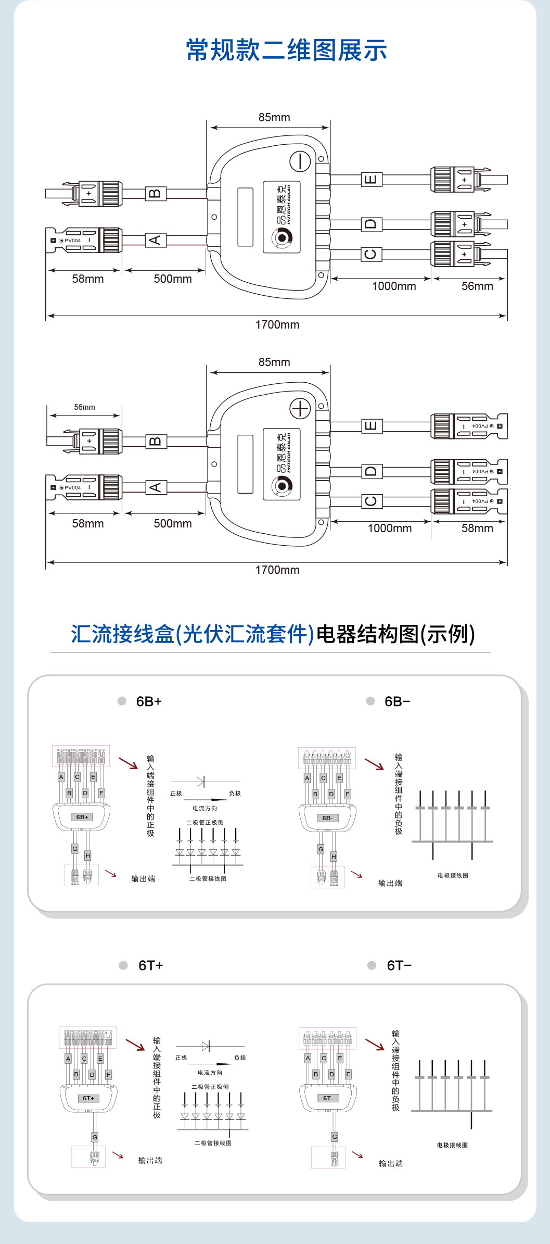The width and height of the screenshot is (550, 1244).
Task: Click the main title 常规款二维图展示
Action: click(x=286, y=51)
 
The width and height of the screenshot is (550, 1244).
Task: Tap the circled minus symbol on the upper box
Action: click(x=300, y=161)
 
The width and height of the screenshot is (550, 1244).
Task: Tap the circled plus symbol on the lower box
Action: click(x=300, y=409)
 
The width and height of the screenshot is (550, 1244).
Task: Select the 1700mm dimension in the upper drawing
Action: click(x=277, y=325)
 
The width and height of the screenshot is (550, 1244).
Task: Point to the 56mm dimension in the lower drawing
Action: click(x=84, y=407)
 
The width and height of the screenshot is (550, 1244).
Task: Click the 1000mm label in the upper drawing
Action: click(x=394, y=286)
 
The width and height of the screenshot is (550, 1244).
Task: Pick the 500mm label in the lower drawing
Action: click(x=173, y=524)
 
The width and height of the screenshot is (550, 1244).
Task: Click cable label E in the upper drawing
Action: click(x=370, y=180)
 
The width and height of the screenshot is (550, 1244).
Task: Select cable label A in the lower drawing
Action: click(x=155, y=487)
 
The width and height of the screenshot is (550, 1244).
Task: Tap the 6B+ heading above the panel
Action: click(x=149, y=701)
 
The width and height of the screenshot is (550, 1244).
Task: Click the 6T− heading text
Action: click(x=399, y=965)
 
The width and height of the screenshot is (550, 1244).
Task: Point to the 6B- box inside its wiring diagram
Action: click(x=327, y=818)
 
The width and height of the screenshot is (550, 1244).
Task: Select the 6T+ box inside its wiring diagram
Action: click(x=88, y=1098)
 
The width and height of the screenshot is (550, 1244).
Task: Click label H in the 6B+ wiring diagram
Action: click(x=88, y=856)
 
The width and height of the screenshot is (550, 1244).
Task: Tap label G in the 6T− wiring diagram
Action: click(x=335, y=1137)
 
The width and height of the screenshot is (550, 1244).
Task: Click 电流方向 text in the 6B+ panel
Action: click(x=205, y=808)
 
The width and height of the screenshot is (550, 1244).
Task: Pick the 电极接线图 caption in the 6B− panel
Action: click(x=453, y=875)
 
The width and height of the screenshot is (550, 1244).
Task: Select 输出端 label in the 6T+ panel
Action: click(x=150, y=1160)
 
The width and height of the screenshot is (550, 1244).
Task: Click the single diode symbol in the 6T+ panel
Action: click(x=206, y=1046)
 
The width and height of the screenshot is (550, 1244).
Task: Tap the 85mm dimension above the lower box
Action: click(x=274, y=362)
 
